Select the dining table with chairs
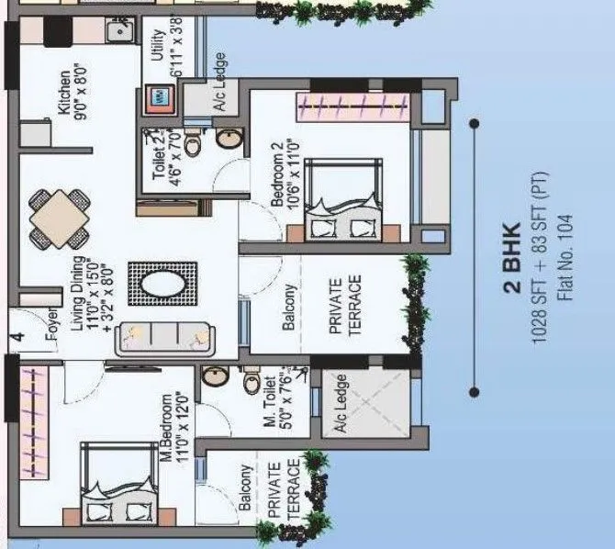(x=61, y=218)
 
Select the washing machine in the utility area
(x=158, y=97)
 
